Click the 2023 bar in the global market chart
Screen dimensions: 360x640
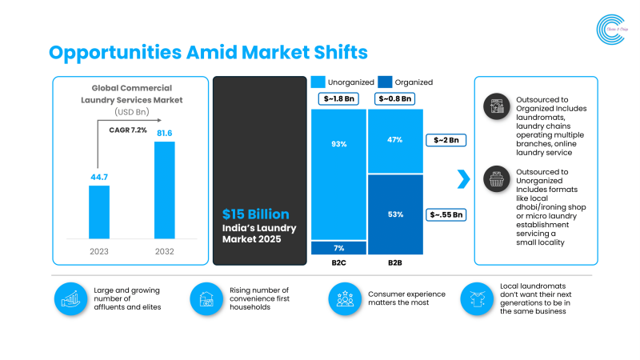(99, 211)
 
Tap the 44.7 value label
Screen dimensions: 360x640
(99, 176)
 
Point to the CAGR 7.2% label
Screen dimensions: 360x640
(128, 130)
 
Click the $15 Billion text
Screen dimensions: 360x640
(256, 214)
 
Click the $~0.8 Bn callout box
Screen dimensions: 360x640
(395, 99)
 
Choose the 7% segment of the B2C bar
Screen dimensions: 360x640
(339, 247)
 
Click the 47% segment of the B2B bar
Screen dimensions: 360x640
(395, 141)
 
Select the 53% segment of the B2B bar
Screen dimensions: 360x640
(395, 214)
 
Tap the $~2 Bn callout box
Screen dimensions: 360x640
(446, 140)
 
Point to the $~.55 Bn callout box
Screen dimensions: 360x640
(446, 214)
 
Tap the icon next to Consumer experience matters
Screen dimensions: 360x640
(345, 298)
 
